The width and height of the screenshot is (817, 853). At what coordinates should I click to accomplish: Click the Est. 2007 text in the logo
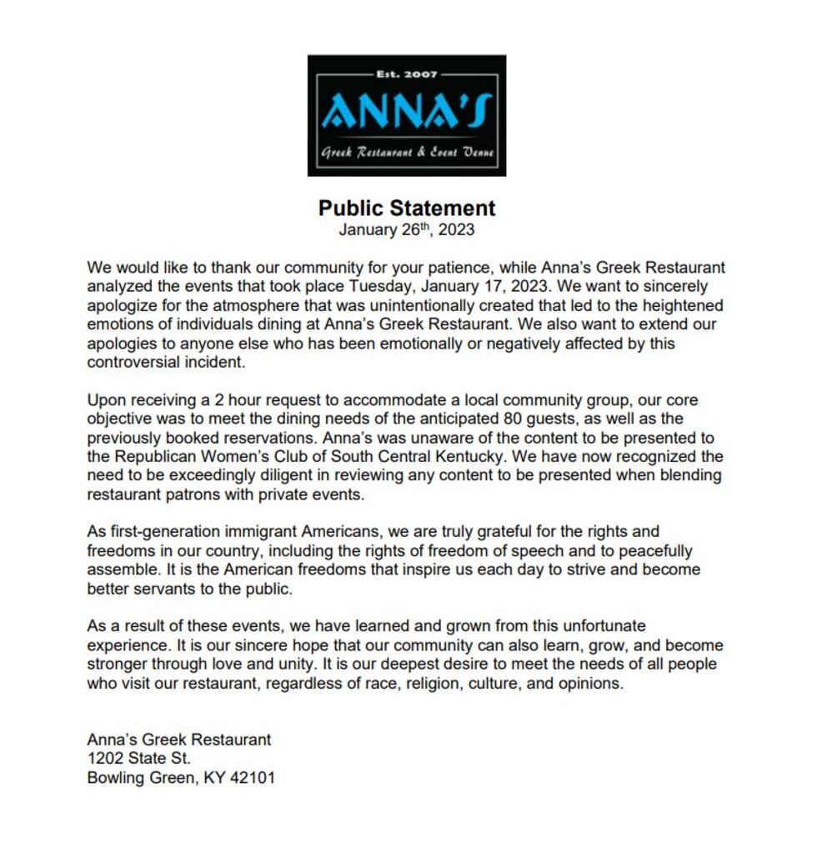tap(407, 75)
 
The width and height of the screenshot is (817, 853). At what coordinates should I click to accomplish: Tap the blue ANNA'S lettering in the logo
tap(407, 111)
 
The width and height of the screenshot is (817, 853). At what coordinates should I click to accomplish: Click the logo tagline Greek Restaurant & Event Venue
tap(407, 153)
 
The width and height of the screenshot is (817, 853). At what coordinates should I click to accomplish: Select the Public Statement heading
tap(407, 208)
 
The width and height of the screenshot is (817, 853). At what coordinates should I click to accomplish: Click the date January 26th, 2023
tap(407, 229)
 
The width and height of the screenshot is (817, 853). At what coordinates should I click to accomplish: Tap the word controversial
tap(134, 362)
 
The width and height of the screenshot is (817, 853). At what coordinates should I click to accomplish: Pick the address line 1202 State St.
tap(139, 759)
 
